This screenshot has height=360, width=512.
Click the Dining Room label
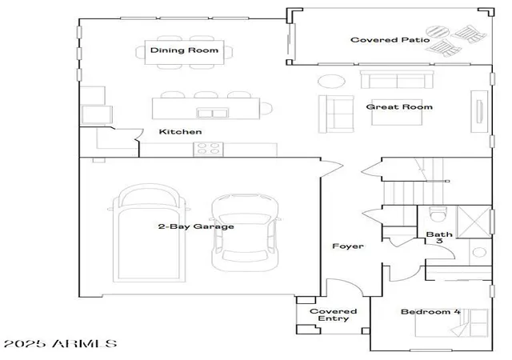tap(184, 50)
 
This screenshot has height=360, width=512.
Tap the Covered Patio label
tap(390, 40)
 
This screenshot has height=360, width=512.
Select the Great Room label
tap(399, 107)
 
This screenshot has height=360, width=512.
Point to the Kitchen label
tap(180, 132)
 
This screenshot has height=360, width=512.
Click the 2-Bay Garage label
tap(196, 226)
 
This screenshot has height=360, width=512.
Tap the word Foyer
tap(348, 246)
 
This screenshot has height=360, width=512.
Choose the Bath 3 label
tap(439, 238)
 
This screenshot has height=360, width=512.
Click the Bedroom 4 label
tap(430, 312)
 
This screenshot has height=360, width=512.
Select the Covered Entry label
tap(333, 315)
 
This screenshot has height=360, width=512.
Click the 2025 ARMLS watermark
tap(61, 344)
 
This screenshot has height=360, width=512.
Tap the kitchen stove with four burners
tap(208, 149)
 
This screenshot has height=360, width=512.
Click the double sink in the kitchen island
tap(212, 113)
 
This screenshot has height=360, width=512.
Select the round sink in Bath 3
tap(479, 252)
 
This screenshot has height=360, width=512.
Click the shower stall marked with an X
tap(474, 222)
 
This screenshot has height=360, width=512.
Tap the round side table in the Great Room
tap(331, 81)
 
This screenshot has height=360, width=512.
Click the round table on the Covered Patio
tap(438, 32)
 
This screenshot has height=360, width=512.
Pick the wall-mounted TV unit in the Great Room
tap(479, 111)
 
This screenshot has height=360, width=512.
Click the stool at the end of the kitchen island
tap(266, 109)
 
